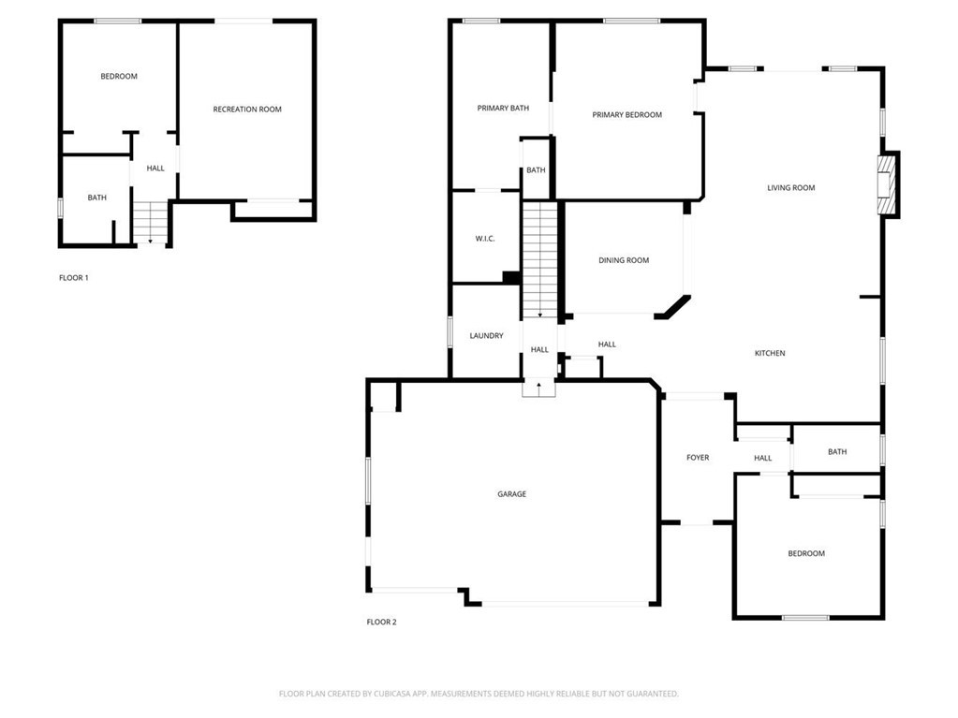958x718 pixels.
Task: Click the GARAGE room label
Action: (x=511, y=494)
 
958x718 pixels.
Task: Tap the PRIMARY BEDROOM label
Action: (x=626, y=115)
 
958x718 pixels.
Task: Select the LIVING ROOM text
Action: (x=790, y=188)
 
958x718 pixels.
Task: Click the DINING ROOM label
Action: (x=624, y=260)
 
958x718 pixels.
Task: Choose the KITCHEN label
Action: (x=770, y=353)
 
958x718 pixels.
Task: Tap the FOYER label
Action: (x=698, y=458)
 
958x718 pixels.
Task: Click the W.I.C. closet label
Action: (x=485, y=239)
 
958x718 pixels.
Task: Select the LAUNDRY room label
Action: (x=486, y=336)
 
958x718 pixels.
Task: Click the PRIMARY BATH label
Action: (x=503, y=109)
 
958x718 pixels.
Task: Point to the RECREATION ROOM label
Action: (x=247, y=110)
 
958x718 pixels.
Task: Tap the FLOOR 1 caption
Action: (x=74, y=278)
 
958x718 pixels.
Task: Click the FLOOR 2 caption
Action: (x=381, y=622)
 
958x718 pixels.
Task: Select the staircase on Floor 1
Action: (x=150, y=224)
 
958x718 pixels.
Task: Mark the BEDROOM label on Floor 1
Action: (x=119, y=77)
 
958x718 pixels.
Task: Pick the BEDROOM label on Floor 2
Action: (x=806, y=554)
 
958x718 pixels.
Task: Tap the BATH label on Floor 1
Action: (x=97, y=198)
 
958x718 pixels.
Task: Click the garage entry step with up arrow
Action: (x=538, y=388)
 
